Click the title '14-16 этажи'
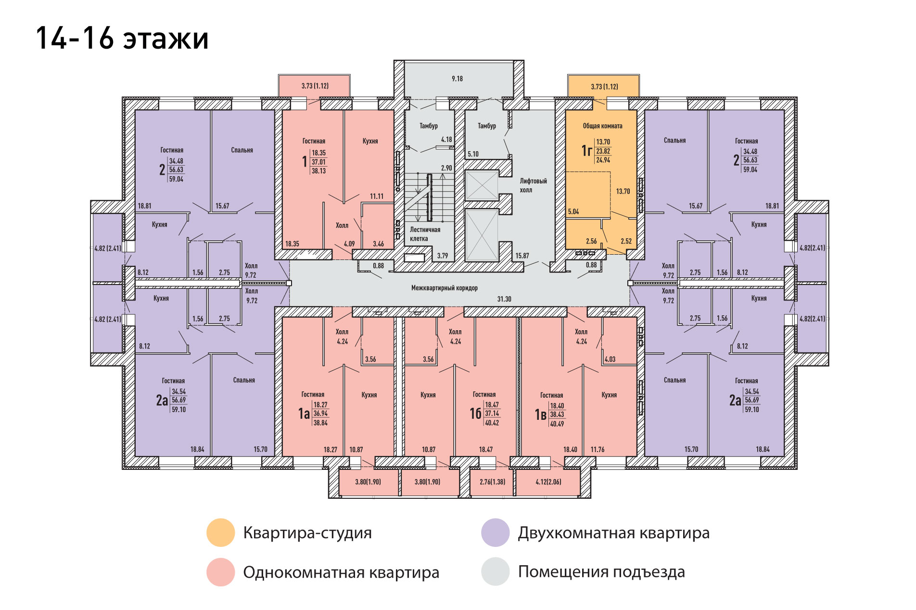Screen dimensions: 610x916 122,39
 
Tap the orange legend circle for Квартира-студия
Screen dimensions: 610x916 220,532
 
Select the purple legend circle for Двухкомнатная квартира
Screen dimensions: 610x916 495,532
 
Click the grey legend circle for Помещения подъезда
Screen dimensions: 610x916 495,571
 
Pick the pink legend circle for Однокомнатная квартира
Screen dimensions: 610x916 220,572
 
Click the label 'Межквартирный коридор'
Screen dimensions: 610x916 444,288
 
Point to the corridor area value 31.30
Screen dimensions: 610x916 504,299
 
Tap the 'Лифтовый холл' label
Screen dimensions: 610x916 533,185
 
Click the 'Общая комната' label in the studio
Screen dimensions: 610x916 602,126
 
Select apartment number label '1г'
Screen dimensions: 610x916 586,151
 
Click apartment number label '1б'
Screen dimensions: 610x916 475,414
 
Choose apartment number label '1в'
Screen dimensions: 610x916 541,415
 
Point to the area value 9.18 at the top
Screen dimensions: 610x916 457,78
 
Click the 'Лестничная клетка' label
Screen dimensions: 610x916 425,234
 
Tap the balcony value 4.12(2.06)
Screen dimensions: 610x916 548,481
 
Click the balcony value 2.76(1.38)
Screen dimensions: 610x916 492,481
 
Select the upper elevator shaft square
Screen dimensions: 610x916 482,185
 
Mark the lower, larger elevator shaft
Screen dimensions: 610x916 482,235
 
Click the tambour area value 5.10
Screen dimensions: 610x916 473,154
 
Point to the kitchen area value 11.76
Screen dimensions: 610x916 598,450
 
